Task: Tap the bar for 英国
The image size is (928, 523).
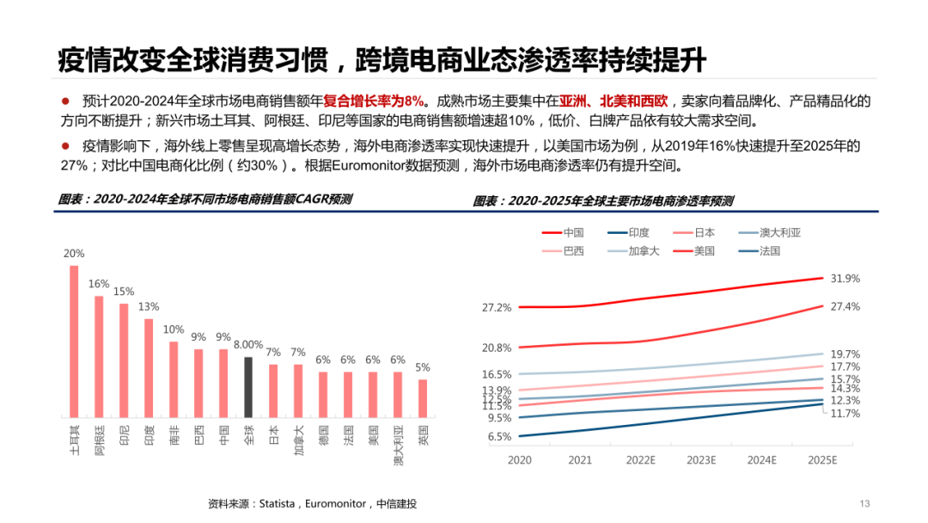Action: (x=423, y=398)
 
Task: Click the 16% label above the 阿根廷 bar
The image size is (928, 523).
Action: (x=99, y=284)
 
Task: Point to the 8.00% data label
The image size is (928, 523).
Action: (x=248, y=345)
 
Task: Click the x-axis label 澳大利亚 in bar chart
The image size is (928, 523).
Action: (x=399, y=446)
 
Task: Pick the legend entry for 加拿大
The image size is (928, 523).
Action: (x=643, y=251)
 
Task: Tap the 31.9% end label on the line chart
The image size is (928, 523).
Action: (x=845, y=279)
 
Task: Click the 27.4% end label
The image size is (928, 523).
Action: (x=845, y=306)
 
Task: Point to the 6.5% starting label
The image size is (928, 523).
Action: (x=499, y=436)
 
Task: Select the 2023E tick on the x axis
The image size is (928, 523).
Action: (x=700, y=460)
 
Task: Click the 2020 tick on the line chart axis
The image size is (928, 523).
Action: (x=520, y=460)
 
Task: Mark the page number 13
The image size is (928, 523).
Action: (x=865, y=503)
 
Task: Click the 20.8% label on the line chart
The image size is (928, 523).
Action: (x=497, y=348)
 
